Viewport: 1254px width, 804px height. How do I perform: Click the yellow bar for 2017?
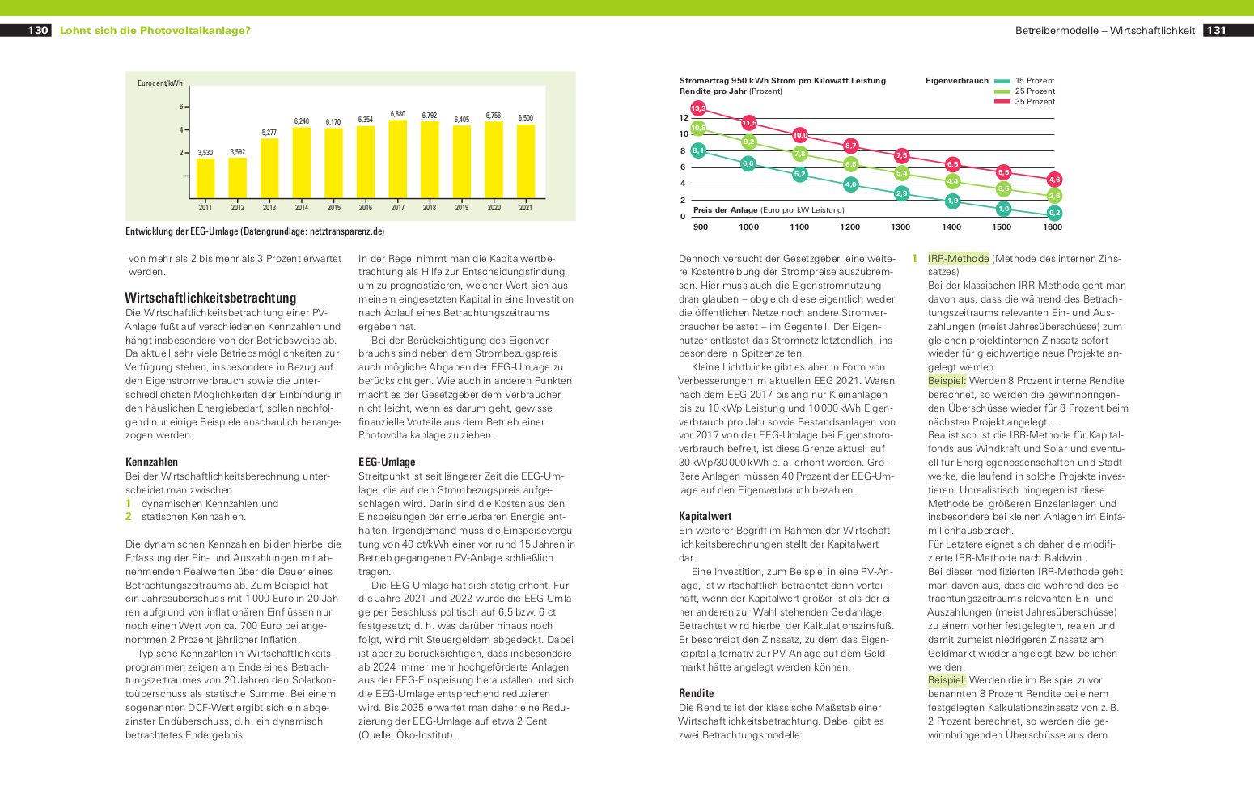point(397,159)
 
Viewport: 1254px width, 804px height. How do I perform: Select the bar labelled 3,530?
point(205,178)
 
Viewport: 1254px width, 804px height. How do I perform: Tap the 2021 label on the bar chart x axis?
point(526,208)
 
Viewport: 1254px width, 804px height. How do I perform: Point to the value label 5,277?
point(269,133)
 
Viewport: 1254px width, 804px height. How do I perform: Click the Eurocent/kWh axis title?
point(160,83)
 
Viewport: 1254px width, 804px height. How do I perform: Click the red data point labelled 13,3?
point(698,108)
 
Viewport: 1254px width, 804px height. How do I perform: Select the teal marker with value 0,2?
point(1054,213)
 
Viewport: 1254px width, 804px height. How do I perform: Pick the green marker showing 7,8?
point(800,154)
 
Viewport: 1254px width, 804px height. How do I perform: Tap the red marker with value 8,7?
point(850,146)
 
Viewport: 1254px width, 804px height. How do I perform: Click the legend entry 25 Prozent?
point(1024,91)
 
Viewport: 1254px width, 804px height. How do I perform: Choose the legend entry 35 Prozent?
point(1024,101)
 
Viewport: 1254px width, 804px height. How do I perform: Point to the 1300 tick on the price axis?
point(900,226)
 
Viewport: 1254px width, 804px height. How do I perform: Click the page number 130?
point(38,30)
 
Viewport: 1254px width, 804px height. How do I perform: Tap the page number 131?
point(1216,30)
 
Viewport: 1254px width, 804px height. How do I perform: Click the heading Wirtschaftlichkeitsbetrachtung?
point(210,298)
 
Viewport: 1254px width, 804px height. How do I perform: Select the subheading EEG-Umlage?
point(387,462)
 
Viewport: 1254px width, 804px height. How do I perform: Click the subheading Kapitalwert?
point(705,516)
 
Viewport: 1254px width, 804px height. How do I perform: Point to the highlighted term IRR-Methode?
point(959,259)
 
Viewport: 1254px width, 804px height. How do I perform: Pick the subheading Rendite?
point(696,693)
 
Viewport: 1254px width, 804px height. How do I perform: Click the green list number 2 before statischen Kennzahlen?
point(128,516)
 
